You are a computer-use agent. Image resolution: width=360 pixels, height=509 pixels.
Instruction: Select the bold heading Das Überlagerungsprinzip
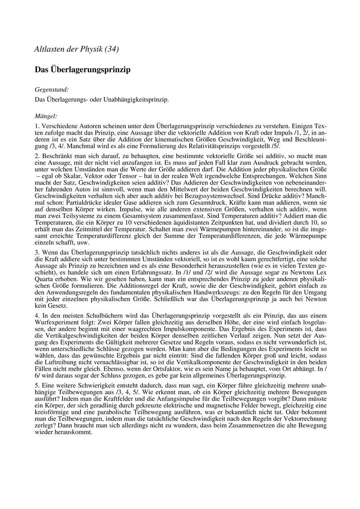(x=83, y=70)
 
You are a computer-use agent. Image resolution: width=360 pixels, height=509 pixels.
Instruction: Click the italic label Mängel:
(x=46, y=116)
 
